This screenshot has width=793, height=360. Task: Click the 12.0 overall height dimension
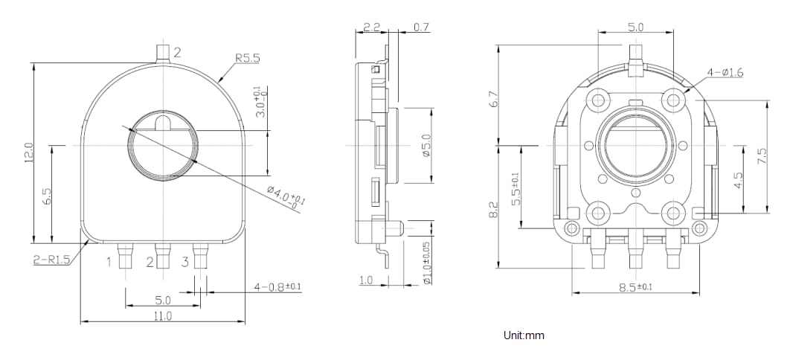point(29,152)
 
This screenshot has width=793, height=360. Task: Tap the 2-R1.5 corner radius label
point(51,260)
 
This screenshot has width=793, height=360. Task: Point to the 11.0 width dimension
point(162,316)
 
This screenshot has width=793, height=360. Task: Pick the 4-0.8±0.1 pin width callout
point(277,286)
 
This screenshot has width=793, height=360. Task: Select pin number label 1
point(109,262)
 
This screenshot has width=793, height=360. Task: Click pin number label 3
point(184,262)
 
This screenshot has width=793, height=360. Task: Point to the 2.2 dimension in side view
point(372,28)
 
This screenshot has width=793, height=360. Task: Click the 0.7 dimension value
point(420,28)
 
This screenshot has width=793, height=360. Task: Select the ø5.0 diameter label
point(426,146)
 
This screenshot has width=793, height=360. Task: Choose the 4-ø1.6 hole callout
point(725,72)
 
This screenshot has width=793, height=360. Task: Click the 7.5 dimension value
point(761,156)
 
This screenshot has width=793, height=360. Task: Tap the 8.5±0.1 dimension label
point(637,287)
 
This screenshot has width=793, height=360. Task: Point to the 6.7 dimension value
point(492,98)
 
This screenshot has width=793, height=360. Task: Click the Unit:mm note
point(524,335)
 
